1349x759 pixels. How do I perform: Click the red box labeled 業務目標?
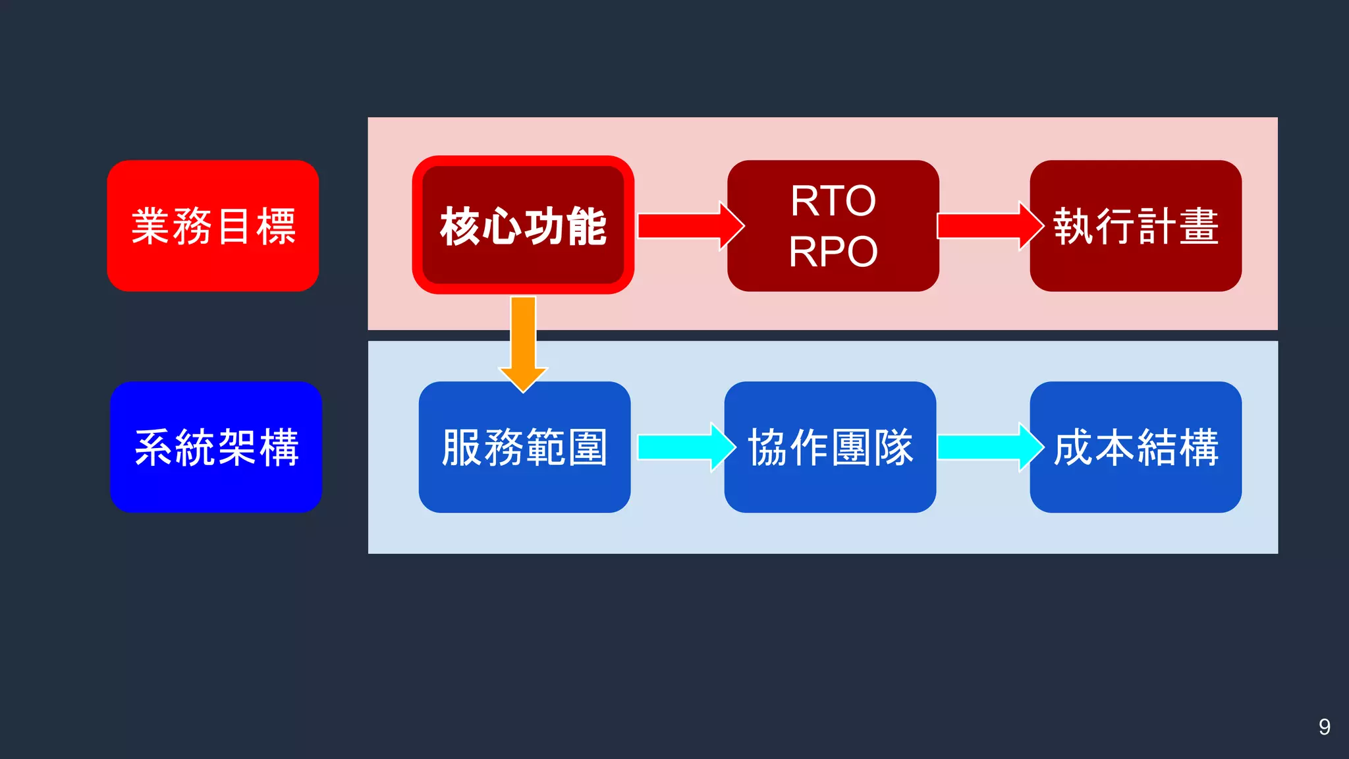(x=213, y=225)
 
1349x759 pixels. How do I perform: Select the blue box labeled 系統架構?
(x=216, y=447)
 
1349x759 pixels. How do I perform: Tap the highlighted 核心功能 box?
(x=523, y=225)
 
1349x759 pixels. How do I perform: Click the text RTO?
(x=833, y=200)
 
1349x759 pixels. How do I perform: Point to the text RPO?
(x=833, y=252)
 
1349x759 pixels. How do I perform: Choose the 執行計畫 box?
(x=1136, y=225)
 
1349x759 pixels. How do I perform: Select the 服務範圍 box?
(x=524, y=447)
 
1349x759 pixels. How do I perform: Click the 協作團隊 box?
(x=830, y=447)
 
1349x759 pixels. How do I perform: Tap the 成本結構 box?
(x=1136, y=447)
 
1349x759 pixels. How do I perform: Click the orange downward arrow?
(x=523, y=343)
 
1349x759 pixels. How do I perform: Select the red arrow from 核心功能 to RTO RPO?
(x=688, y=226)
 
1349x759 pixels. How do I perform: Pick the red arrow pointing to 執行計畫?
(x=988, y=226)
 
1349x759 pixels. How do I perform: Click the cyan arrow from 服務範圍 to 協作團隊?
(x=685, y=447)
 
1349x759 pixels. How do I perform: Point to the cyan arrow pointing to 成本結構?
(x=988, y=447)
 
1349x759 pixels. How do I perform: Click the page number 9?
(x=1324, y=727)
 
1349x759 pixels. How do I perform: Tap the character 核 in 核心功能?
(x=460, y=226)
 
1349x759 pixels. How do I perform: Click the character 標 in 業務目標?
(x=276, y=226)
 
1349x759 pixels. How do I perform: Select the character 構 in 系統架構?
(x=279, y=447)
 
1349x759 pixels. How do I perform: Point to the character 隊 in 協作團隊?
(x=893, y=447)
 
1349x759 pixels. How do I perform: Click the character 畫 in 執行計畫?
(x=1199, y=226)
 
